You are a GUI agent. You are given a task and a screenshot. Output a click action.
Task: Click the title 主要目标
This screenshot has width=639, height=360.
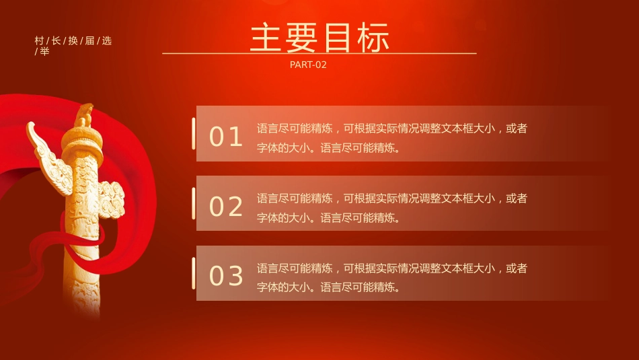(319, 38)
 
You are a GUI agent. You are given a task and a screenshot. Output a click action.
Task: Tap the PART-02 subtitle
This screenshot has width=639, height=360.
(308, 65)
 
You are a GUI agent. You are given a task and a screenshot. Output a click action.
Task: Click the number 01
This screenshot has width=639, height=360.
(226, 137)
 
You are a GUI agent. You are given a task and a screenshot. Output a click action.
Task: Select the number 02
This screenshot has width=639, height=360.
(226, 207)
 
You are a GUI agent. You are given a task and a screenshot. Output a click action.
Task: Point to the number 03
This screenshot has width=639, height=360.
(226, 276)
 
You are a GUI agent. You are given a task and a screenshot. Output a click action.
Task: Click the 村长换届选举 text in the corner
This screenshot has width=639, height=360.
(73, 45)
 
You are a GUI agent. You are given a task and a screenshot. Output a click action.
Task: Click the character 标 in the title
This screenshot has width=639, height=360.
(374, 38)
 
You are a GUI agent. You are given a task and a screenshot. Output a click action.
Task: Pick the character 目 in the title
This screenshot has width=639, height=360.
(338, 38)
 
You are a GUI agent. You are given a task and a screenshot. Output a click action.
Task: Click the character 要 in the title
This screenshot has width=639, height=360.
(302, 38)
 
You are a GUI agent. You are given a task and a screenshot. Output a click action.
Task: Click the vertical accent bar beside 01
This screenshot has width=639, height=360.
(194, 133)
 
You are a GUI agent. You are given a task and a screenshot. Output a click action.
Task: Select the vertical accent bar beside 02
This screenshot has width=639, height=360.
(194, 203)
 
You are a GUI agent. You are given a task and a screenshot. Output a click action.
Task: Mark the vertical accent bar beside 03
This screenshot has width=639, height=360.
(194, 273)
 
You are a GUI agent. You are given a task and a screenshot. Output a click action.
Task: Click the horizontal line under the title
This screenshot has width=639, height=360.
(319, 53)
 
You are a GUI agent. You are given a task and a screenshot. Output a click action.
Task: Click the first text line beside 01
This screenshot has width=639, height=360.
(391, 129)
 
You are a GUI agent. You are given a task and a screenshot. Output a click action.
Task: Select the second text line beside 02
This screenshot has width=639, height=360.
(328, 217)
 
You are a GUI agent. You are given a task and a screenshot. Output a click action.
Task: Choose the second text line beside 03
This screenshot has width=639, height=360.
(328, 287)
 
